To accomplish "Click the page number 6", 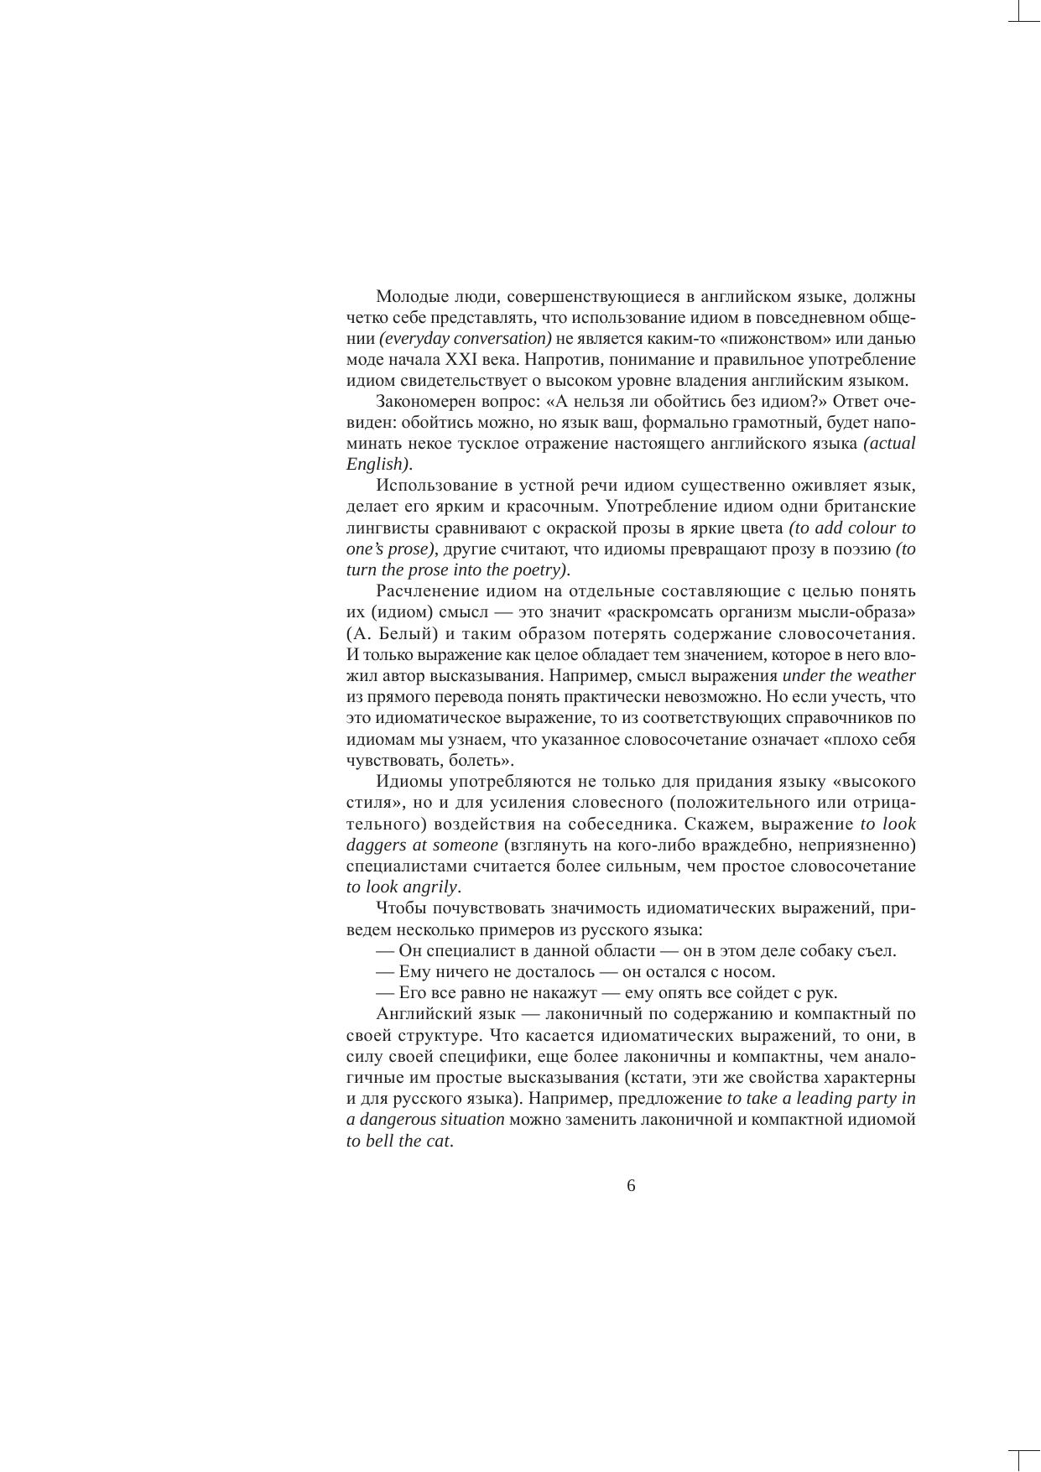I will click(x=631, y=1186).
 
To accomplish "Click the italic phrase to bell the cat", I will click(x=398, y=1142).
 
